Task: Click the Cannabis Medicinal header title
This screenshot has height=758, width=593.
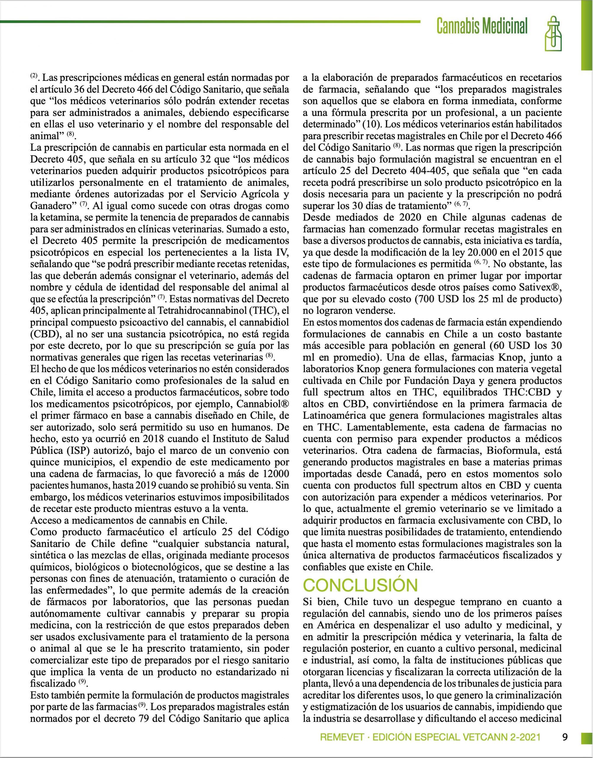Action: [482, 26]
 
